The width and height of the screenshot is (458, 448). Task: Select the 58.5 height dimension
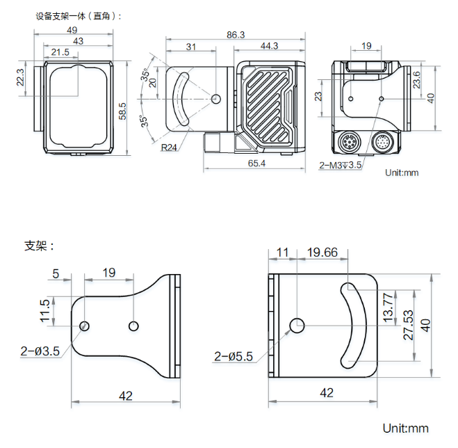[124, 111]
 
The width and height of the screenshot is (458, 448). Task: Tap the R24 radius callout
[168, 147]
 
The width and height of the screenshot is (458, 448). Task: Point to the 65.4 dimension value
[256, 163]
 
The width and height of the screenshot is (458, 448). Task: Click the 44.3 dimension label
[269, 46]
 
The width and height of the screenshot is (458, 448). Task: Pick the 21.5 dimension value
[60, 52]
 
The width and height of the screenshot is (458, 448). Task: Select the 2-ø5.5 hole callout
[234, 357]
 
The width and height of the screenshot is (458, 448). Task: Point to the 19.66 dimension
[322, 252]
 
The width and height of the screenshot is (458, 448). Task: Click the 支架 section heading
[39, 246]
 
